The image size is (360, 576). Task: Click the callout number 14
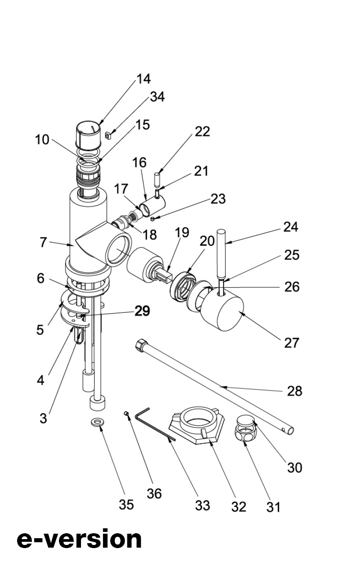click(144, 79)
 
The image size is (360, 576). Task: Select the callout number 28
click(295, 391)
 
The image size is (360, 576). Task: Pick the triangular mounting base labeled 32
click(197, 425)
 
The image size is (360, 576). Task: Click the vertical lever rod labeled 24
click(221, 253)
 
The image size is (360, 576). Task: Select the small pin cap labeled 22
click(157, 178)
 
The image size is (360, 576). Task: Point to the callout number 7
click(44, 242)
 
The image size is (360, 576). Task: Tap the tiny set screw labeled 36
click(126, 413)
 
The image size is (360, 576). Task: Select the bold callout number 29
click(143, 311)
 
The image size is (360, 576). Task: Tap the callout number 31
click(273, 507)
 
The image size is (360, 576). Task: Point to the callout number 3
click(43, 418)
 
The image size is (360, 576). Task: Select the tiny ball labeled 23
click(152, 219)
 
